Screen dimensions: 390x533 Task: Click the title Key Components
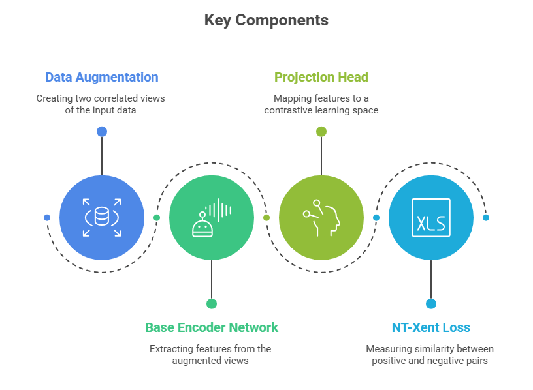(x=266, y=20)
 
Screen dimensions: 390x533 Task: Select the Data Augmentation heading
(x=102, y=77)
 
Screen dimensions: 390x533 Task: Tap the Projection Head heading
(x=321, y=77)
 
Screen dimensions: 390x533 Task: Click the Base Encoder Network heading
(x=212, y=327)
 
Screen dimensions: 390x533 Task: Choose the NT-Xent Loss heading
(x=430, y=327)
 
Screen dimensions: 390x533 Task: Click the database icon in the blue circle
(x=102, y=217)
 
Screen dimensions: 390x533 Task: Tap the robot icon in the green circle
(x=212, y=217)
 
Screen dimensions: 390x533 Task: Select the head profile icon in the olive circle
(x=321, y=217)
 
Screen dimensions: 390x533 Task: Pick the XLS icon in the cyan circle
(x=431, y=217)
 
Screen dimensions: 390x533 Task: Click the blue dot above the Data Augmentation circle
(x=102, y=132)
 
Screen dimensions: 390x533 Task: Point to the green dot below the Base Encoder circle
(x=212, y=303)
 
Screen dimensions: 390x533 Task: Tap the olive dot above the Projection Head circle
(x=321, y=132)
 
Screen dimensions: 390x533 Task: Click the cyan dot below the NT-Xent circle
(x=431, y=303)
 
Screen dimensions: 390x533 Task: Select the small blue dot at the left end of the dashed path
(x=47, y=217)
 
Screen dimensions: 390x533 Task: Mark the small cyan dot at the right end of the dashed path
(x=486, y=217)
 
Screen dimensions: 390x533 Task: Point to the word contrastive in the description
(x=288, y=110)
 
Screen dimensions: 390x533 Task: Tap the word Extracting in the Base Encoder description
(x=172, y=349)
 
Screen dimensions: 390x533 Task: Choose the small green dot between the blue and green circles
(x=157, y=217)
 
